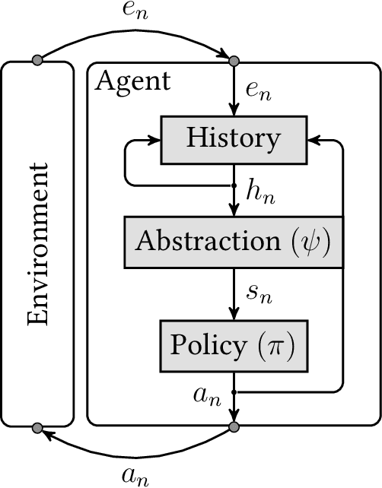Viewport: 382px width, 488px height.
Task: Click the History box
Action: coord(234,139)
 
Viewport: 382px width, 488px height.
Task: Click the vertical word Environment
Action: coord(38,244)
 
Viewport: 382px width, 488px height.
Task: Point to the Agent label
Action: coord(132,81)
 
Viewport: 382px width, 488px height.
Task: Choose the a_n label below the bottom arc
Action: coord(135,476)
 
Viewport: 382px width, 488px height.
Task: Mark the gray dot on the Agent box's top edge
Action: coord(234,60)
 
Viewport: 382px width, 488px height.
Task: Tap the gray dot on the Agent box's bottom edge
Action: coord(234,427)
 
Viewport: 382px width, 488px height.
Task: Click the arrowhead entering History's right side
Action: coord(314,139)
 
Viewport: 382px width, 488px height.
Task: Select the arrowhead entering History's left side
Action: coord(154,139)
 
